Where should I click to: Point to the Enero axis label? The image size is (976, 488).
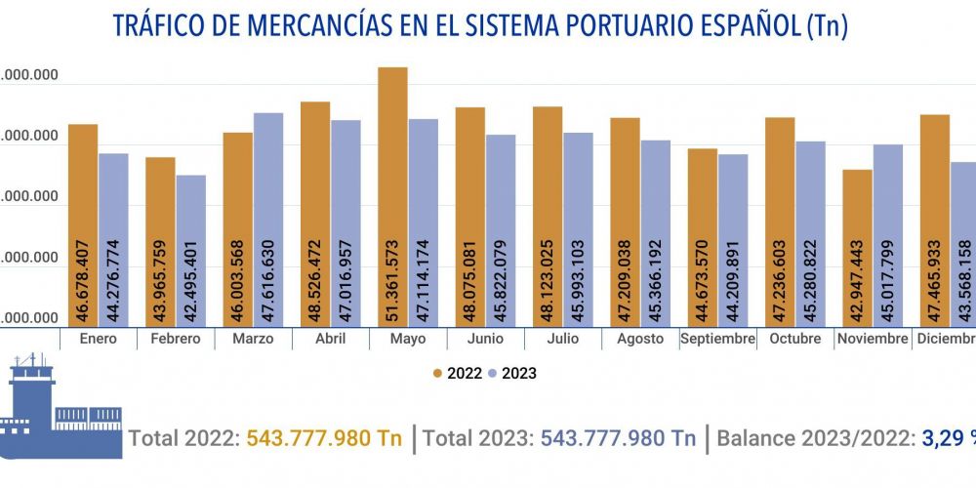click(x=98, y=339)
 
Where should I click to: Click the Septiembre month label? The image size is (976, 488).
click(x=718, y=339)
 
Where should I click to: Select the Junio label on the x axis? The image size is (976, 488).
click(x=485, y=339)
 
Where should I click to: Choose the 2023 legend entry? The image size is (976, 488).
click(x=513, y=373)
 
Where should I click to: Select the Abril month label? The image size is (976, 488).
click(x=330, y=339)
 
